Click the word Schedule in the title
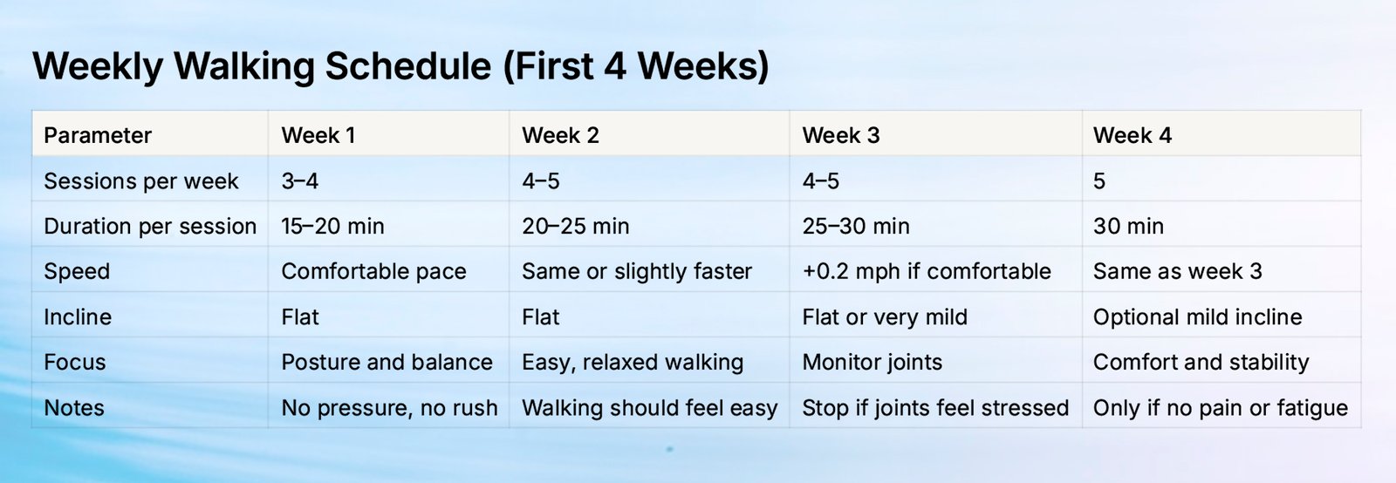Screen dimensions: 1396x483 [408, 66]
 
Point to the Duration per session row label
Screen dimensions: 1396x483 [150, 226]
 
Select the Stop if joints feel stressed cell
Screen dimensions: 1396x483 [935, 408]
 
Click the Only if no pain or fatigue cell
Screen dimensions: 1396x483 [1221, 408]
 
